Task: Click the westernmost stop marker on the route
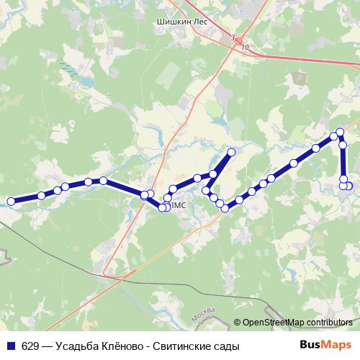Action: click(x=11, y=202)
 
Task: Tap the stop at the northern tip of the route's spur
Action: click(x=232, y=152)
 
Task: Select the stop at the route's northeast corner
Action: click(x=340, y=132)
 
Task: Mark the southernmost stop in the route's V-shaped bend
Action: click(x=225, y=209)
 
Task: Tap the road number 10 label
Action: click(x=246, y=47)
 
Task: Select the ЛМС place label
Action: click(x=180, y=205)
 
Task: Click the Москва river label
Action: click(x=206, y=315)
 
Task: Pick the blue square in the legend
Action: click(x=11, y=346)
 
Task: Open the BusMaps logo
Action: click(x=325, y=345)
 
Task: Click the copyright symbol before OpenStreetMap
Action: click(x=238, y=323)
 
